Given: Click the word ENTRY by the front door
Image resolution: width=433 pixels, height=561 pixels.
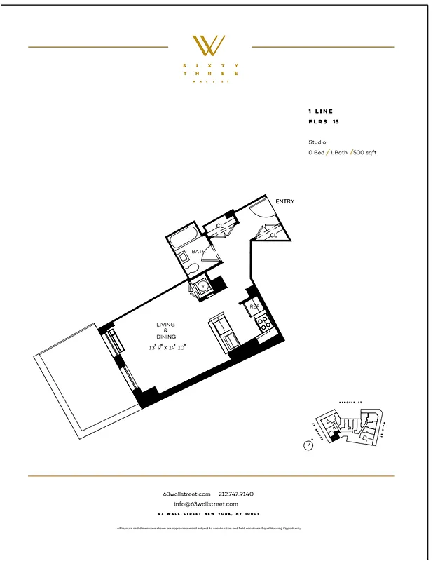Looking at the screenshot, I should click(284, 202).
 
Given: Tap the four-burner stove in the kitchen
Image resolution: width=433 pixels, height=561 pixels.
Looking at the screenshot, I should click(265, 323).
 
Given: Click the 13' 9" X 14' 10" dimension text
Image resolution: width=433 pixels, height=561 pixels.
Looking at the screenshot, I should click(166, 347).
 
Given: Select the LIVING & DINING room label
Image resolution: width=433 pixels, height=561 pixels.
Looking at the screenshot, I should click(166, 331).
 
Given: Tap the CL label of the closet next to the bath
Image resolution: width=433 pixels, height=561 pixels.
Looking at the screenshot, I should click(219, 226).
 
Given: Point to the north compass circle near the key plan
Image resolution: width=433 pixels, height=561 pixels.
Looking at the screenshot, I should click(308, 445).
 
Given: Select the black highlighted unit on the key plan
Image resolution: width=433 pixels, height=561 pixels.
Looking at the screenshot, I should click(335, 437).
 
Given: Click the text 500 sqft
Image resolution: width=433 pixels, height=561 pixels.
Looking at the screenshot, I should click(365, 152).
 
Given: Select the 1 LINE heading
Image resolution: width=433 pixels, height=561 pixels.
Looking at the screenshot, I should click(320, 111).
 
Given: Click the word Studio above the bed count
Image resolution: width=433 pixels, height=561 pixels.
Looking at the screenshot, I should click(317, 142).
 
